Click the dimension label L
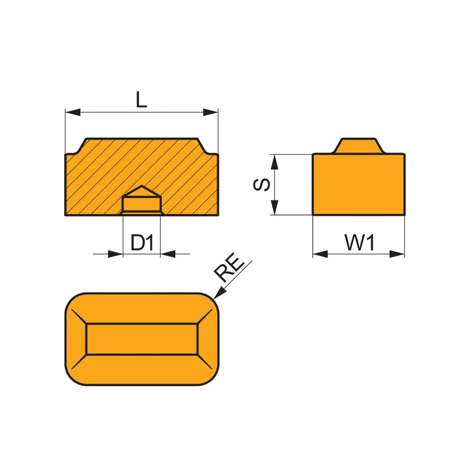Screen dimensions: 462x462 pyautogui.click(x=141, y=99)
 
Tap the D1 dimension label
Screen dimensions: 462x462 pyautogui.click(x=142, y=243)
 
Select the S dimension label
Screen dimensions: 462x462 pyautogui.click(x=262, y=184)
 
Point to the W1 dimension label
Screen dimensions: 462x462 pyautogui.click(x=359, y=243)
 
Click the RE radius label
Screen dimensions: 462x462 pyautogui.click(x=229, y=267)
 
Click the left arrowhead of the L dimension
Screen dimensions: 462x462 pyautogui.click(x=73, y=112)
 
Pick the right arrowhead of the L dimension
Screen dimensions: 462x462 pyautogui.click(x=211, y=112)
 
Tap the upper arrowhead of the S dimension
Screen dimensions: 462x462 pyautogui.click(x=275, y=162)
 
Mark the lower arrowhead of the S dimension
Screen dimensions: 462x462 pyautogui.click(x=275, y=207)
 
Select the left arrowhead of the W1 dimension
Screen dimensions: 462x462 pyautogui.click(x=321, y=254)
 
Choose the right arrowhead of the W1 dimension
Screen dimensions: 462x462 pyautogui.click(x=397, y=254)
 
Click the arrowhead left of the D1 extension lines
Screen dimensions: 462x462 pyautogui.click(x=115, y=254)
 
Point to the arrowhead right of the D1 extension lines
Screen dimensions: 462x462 pyautogui.click(x=168, y=254)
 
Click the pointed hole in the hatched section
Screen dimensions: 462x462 pyautogui.click(x=141, y=199)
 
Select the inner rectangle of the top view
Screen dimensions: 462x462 pyautogui.click(x=142, y=339)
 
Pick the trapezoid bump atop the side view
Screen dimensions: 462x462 pyautogui.click(x=359, y=146)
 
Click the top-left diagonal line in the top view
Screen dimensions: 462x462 pyautogui.click(x=79, y=316)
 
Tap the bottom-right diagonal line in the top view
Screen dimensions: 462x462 pyautogui.click(x=205, y=362)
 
